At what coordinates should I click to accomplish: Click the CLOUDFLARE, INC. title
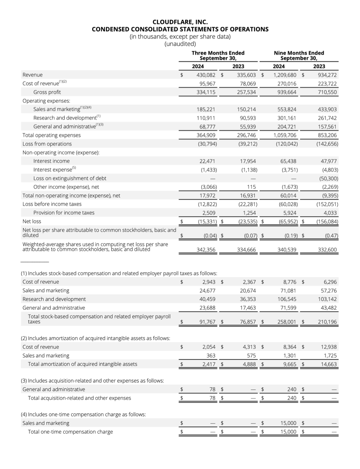tap(180, 22)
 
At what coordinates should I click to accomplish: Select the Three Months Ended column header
tap(218, 55)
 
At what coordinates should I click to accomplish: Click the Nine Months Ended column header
tap(299, 55)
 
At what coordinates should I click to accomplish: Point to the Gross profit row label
tap(47, 92)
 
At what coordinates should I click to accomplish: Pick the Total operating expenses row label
tap(51, 135)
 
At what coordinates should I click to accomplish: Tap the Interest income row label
tap(51, 161)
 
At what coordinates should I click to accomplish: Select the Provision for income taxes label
tap(64, 213)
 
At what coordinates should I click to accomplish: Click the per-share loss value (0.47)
tap(331, 236)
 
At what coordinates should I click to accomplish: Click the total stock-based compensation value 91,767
tap(207, 322)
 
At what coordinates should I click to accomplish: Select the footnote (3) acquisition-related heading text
tap(93, 381)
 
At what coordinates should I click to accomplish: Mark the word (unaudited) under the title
tap(180, 44)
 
